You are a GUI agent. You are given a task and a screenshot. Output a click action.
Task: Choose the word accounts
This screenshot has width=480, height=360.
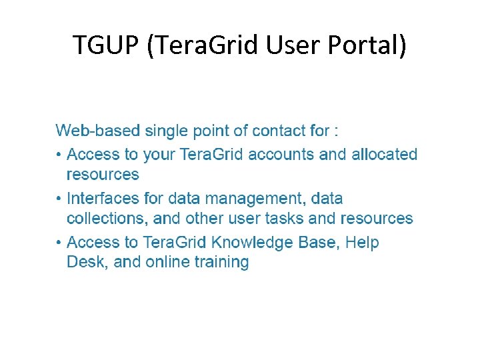click(x=283, y=155)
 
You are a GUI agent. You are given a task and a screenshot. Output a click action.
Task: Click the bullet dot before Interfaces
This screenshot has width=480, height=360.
click(x=59, y=199)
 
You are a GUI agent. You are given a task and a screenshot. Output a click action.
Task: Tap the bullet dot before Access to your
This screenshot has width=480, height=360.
click(x=59, y=155)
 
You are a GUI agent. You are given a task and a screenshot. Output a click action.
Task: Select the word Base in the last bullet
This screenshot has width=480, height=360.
click(x=319, y=243)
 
